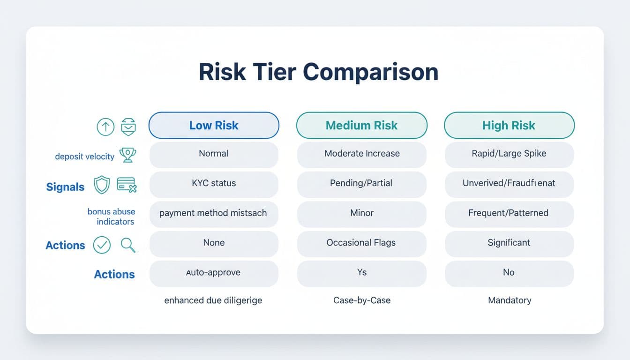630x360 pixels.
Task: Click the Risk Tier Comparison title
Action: pyautogui.click(x=318, y=72)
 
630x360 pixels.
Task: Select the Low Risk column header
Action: pyautogui.click(x=214, y=125)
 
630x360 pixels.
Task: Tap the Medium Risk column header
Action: pyautogui.click(x=361, y=125)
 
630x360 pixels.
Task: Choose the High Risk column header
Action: pyautogui.click(x=509, y=125)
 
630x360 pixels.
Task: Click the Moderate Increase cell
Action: pyautogui.click(x=361, y=153)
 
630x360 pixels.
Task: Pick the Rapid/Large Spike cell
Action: pyautogui.click(x=509, y=153)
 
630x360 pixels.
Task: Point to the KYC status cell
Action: pyautogui.click(x=214, y=183)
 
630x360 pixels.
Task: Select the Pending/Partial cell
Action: pyautogui.click(x=361, y=183)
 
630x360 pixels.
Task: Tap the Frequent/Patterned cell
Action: pyautogui.click(x=509, y=213)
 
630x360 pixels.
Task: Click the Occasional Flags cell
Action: pyautogui.click(x=361, y=242)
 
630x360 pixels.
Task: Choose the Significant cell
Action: pyautogui.click(x=509, y=242)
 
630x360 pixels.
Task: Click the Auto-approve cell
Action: pyautogui.click(x=214, y=272)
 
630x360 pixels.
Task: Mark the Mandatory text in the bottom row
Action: pyautogui.click(x=509, y=300)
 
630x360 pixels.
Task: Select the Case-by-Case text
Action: pyautogui.click(x=361, y=300)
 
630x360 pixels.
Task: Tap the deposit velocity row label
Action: pyautogui.click(x=84, y=157)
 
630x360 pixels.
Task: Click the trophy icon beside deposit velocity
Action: pyautogui.click(x=127, y=155)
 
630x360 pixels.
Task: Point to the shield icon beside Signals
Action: pyautogui.click(x=102, y=185)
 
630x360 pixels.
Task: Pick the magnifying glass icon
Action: pyautogui.click(x=127, y=244)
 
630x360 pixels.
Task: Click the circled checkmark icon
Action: pyautogui.click(x=102, y=245)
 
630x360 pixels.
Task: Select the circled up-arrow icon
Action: pyautogui.click(x=105, y=127)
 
